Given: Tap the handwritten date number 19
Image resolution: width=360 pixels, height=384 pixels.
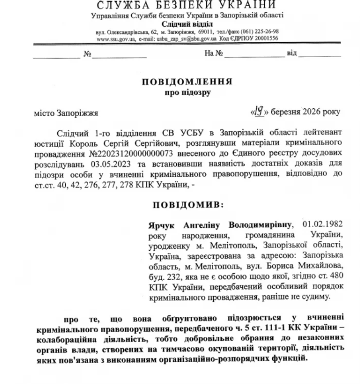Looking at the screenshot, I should [258, 111].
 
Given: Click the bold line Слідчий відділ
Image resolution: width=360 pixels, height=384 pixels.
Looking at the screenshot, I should [187, 24].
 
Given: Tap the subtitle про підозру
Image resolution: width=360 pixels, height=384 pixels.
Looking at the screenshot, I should [187, 93].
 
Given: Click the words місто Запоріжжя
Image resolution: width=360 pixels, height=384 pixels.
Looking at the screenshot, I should [66, 113].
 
